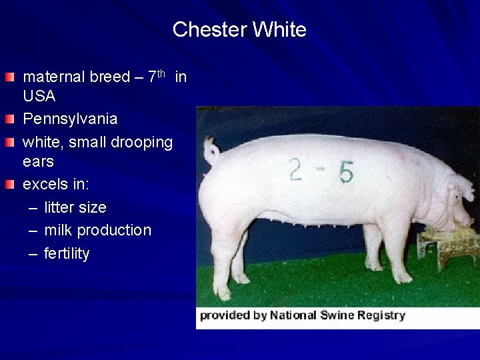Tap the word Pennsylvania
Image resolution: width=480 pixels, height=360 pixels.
click(x=70, y=119)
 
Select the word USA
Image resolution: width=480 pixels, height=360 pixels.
click(x=39, y=97)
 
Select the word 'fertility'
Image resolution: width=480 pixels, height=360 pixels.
click(x=67, y=254)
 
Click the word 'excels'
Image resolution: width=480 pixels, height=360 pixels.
click(x=45, y=185)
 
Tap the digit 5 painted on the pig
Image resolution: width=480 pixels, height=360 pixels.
click(x=345, y=172)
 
